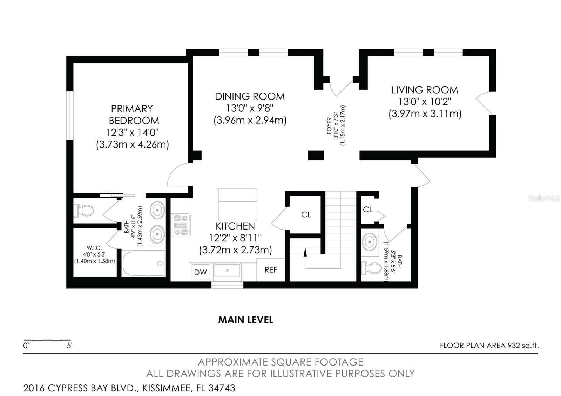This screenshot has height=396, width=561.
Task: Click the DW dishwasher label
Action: tap(201, 272)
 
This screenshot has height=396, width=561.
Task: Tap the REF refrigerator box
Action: tap(271, 269)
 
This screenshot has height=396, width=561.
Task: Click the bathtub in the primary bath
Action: tap(143, 263)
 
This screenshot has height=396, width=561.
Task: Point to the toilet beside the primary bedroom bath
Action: tap(84, 210)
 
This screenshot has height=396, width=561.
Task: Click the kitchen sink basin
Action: tap(228, 270)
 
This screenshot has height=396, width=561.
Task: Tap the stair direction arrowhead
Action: tap(305, 252)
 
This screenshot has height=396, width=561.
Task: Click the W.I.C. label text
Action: tap(94, 248)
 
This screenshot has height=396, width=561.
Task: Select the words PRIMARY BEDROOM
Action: tap(133, 115)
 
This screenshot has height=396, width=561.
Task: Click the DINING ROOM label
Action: tap(250, 96)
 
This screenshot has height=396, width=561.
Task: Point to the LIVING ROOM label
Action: tap(425, 90)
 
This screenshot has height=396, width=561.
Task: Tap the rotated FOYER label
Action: tap(329, 126)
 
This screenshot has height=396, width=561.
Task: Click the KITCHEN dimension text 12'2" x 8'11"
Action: tap(235, 238)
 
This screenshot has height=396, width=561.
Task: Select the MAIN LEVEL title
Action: tap(246, 320)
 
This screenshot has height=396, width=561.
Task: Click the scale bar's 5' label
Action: tap(69, 346)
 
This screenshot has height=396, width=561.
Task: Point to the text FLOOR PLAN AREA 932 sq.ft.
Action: tap(489, 346)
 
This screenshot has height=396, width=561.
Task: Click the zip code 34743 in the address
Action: tap(222, 388)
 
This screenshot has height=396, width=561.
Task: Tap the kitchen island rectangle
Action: tap(237, 204)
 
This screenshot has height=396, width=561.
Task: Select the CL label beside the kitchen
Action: tap(306, 215)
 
